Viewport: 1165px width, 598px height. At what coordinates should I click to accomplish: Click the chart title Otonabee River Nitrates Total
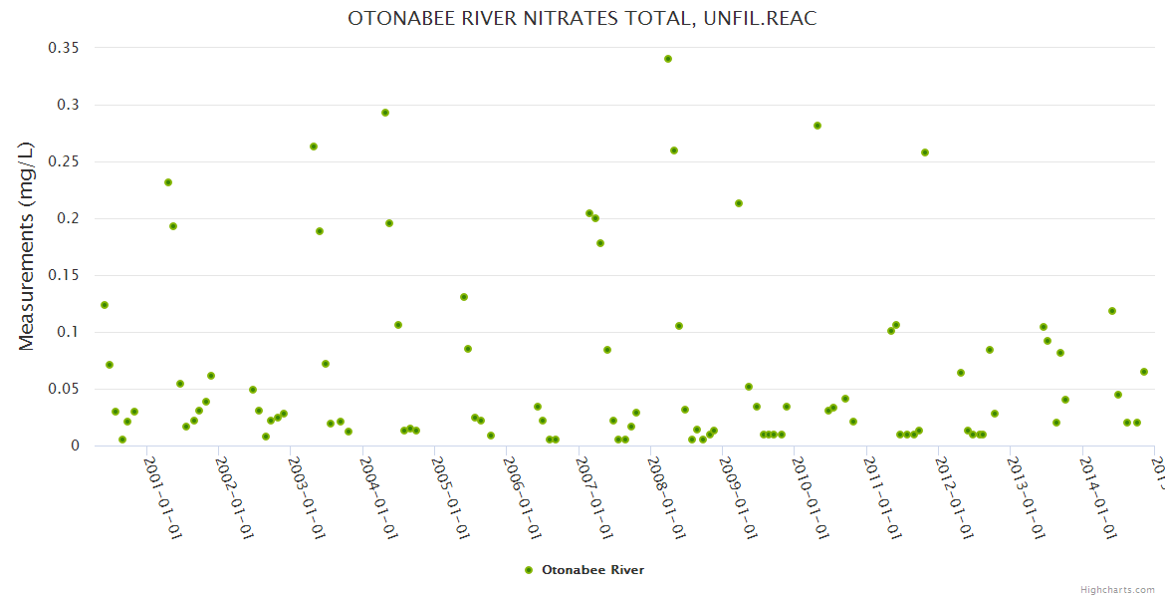coord(582,19)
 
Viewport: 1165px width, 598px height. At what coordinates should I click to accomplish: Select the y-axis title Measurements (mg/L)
coord(27,246)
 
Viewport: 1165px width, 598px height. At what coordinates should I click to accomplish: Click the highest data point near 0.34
coord(668,59)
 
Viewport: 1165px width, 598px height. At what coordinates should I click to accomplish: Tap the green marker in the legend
coord(529,570)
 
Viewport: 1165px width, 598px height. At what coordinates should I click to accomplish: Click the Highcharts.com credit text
coord(1117,589)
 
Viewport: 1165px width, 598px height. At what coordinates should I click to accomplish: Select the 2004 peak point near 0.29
coord(385,113)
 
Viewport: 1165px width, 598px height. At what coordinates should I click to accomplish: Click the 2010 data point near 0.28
coord(817,126)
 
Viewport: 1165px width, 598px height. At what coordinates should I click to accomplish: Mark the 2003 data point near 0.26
coord(314,147)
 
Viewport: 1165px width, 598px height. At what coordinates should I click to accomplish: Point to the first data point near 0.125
coord(105,305)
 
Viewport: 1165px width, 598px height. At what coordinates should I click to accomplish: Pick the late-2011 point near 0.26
coord(925,152)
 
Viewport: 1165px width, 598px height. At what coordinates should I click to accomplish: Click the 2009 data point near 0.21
coord(739,203)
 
